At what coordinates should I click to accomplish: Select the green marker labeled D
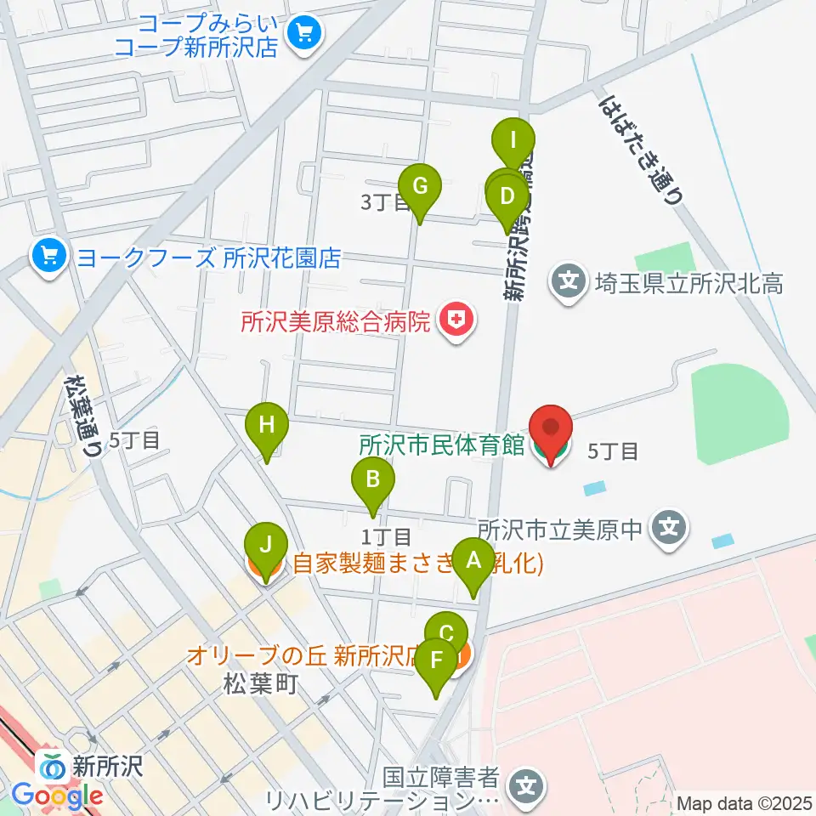(x=507, y=197)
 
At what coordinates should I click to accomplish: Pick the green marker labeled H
(x=267, y=425)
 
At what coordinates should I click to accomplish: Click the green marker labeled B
(x=372, y=480)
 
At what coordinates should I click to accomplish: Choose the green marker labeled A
(x=473, y=561)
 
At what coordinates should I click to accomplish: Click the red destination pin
(x=551, y=429)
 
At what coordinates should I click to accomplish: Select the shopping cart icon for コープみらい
(x=302, y=33)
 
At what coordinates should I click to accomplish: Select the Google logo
(x=57, y=796)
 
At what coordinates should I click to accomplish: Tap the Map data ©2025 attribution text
(x=745, y=803)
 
